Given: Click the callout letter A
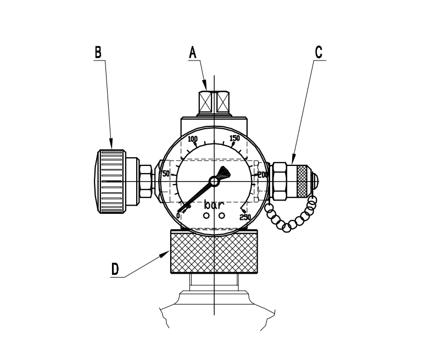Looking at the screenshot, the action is tap(193, 53).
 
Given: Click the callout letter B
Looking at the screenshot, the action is tap(98, 52).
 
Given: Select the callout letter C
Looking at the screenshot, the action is tap(319, 52).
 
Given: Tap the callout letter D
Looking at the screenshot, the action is tap(115, 269).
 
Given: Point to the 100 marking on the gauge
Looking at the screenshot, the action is tap(193, 139).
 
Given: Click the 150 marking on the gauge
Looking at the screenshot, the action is tap(234, 138).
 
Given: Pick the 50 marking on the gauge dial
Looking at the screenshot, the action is tap(166, 174).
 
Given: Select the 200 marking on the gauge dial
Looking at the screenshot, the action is tap(262, 175).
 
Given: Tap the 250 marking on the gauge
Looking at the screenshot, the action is tap(245, 217).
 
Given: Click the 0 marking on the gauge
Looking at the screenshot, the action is tap(178, 215).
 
